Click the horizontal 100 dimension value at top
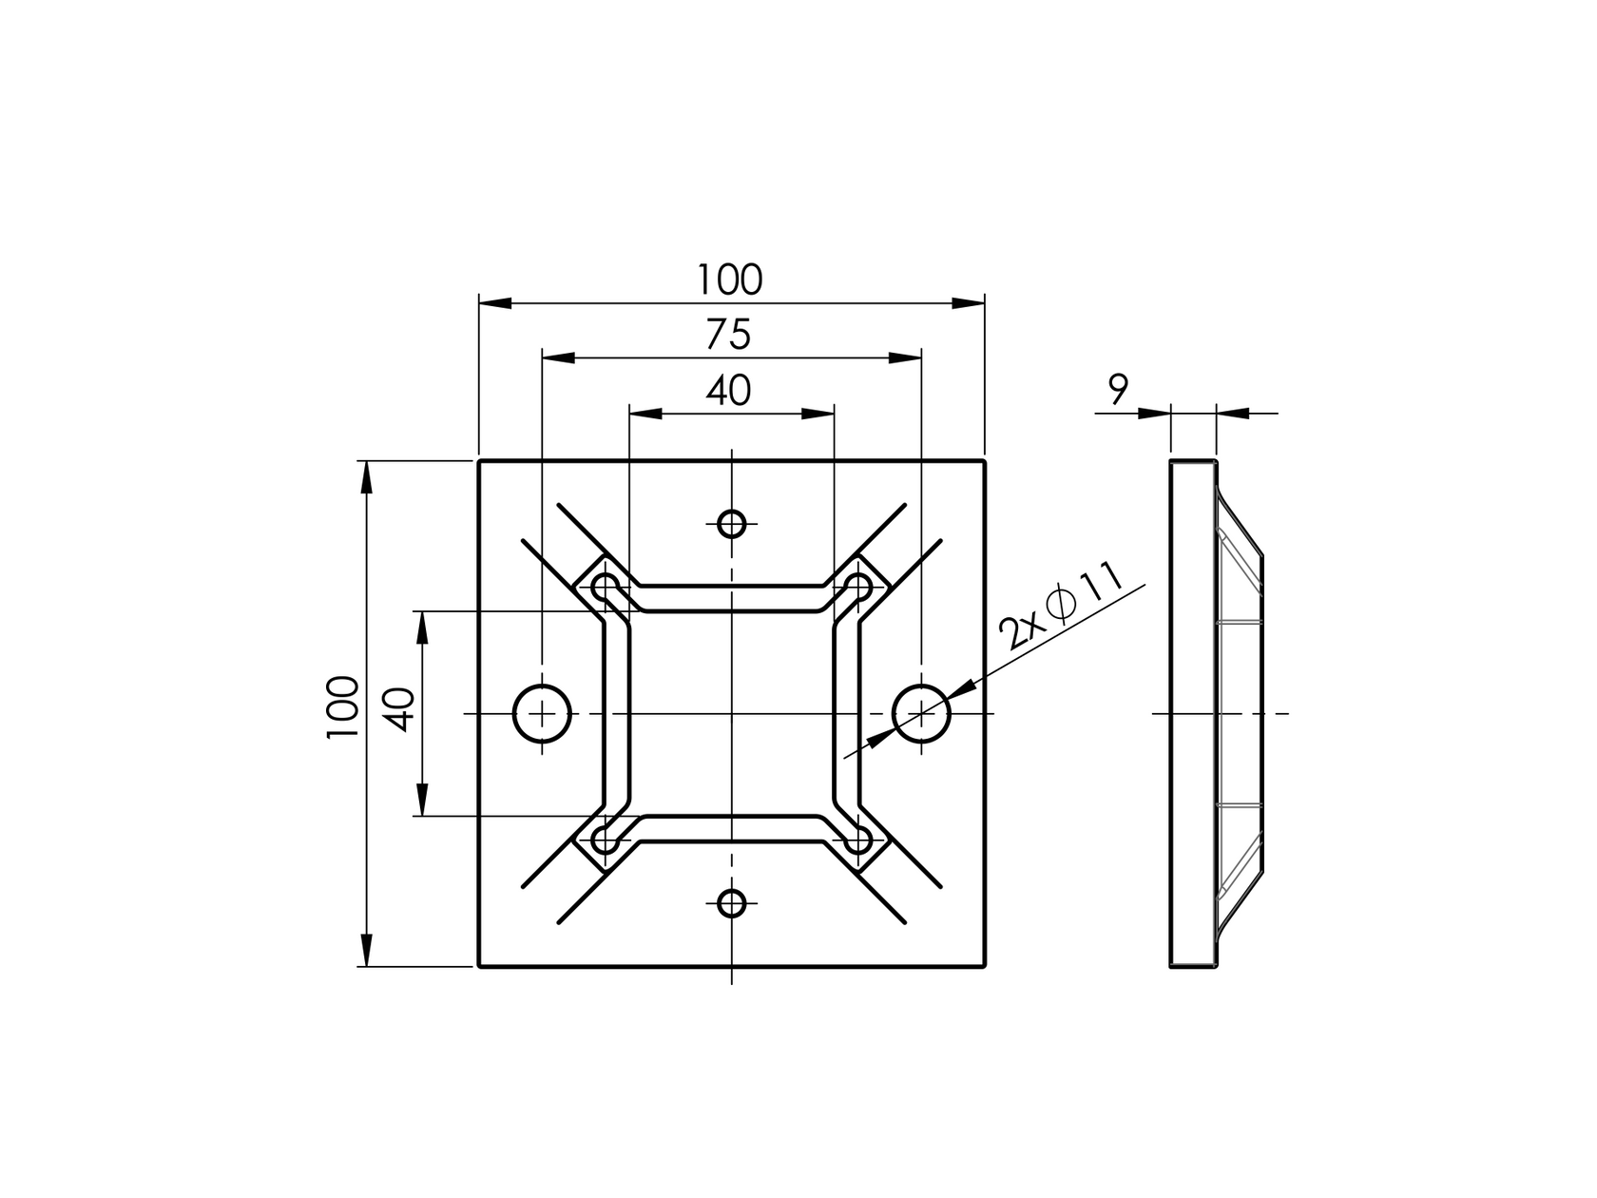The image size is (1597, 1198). coord(730,280)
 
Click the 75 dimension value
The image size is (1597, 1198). coord(730,335)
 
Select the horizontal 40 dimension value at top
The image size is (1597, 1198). coord(730,390)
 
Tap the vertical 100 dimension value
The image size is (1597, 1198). coord(342,708)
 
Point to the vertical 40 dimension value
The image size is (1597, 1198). coord(400,708)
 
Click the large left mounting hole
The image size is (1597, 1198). coord(542,713)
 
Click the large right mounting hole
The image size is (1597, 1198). coord(921,713)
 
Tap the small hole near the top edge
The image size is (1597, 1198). coord(731,523)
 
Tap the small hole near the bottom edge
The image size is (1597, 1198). coord(731,903)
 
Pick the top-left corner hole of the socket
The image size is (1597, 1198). coord(605,586)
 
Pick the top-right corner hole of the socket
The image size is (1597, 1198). coord(858,586)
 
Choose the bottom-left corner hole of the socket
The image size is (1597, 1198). coord(605,841)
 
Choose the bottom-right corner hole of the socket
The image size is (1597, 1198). coord(858,841)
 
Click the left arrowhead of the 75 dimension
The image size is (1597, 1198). coord(559,357)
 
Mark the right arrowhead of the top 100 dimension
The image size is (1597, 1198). coord(968,302)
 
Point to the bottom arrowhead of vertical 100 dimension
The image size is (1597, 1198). coord(366,950)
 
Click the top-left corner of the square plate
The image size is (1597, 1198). coord(479,461)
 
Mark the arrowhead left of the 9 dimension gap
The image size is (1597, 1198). coord(1154,413)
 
